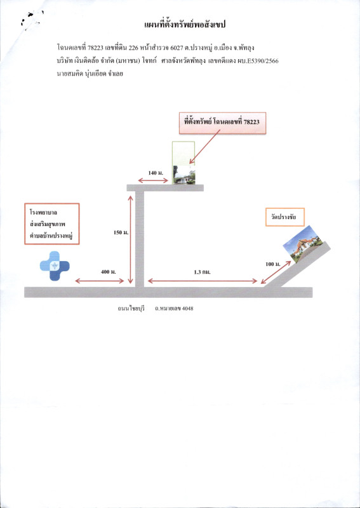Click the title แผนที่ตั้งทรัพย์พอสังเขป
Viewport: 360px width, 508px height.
pyautogui.click(x=185, y=25)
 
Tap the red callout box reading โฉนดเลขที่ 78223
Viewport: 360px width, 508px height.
pyautogui.click(x=223, y=123)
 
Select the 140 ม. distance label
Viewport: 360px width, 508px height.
pyautogui.click(x=156, y=173)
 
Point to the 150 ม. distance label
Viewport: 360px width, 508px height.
pyautogui.click(x=121, y=232)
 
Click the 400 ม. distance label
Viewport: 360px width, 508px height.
pyautogui.click(x=108, y=272)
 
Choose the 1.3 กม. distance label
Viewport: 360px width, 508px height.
pyautogui.click(x=202, y=272)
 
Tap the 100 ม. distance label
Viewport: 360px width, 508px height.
pyautogui.click(x=273, y=264)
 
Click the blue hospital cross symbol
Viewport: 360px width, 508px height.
pyautogui.click(x=55, y=266)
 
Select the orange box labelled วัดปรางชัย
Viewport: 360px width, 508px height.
pyautogui.click(x=285, y=217)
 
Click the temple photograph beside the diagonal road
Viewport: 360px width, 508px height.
pyautogui.click(x=302, y=244)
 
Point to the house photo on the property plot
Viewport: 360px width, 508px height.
pyautogui.click(x=184, y=175)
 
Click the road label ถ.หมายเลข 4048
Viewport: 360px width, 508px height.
pyautogui.click(x=174, y=309)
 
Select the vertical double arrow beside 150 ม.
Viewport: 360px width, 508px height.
pyautogui.click(x=131, y=240)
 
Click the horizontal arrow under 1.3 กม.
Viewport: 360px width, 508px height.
pyautogui.click(x=203, y=281)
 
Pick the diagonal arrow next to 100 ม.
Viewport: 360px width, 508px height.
pyautogui.click(x=276, y=272)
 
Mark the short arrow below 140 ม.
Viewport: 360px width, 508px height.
pyautogui.click(x=153, y=180)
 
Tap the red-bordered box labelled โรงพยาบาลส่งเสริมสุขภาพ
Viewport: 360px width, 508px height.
pyautogui.click(x=52, y=224)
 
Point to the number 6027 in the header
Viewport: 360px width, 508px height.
pyautogui.click(x=176, y=48)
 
